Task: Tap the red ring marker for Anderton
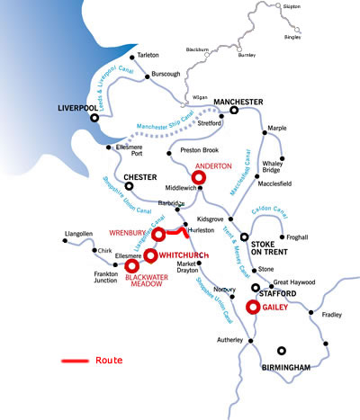pos(200,178)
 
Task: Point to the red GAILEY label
pos(274,306)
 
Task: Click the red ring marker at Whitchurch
pos(150,255)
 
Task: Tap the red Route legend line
pos(74,361)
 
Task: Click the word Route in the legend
pos(109,361)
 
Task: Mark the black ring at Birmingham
pos(283,352)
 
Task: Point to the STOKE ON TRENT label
pos(273,249)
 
